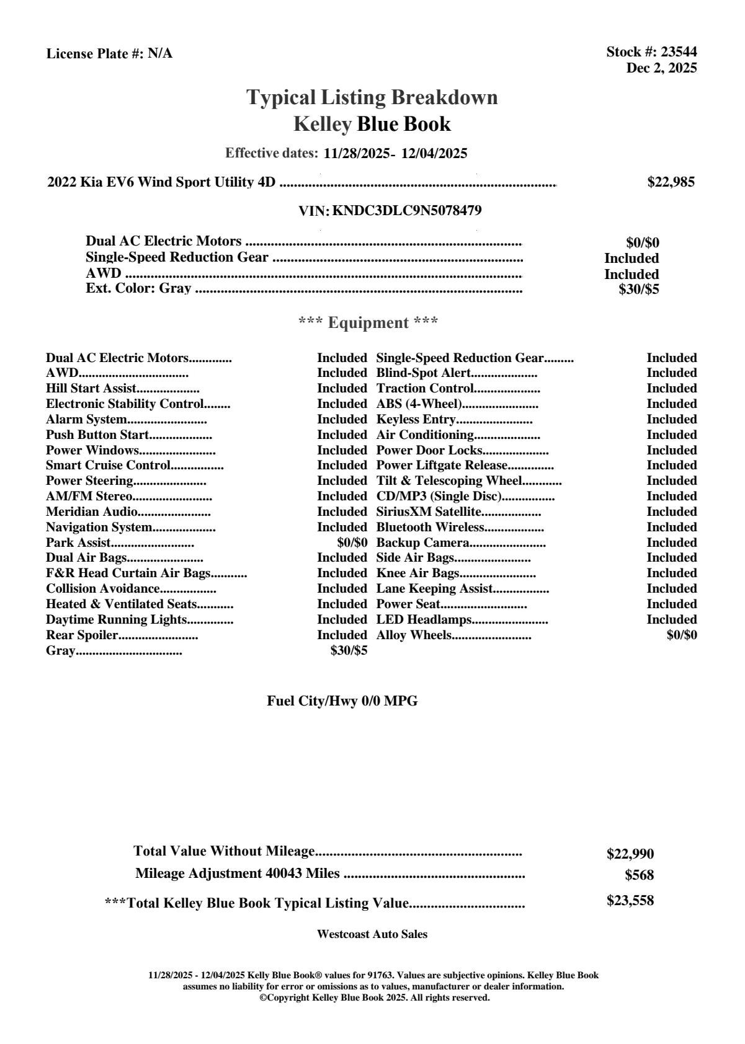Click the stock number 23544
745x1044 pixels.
(679, 52)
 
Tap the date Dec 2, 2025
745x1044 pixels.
(661, 68)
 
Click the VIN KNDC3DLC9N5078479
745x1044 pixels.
(407, 210)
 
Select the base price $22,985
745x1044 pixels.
(671, 182)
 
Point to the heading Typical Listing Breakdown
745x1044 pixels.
(372, 97)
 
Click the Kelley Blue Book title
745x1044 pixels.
(372, 124)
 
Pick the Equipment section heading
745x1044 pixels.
(368, 322)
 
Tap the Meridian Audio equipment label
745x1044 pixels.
(92, 511)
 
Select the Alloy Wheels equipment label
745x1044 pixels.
(414, 635)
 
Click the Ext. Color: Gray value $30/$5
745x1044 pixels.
(639, 289)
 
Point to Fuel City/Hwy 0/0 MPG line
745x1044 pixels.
(342, 701)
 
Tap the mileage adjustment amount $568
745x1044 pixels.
(640, 875)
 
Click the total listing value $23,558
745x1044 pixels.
(630, 901)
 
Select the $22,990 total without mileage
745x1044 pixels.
(630, 854)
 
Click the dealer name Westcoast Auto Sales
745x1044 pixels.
(372, 934)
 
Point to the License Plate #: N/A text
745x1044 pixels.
(110, 53)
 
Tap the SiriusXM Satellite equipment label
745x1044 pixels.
(429, 511)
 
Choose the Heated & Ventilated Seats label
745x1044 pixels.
(122, 604)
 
